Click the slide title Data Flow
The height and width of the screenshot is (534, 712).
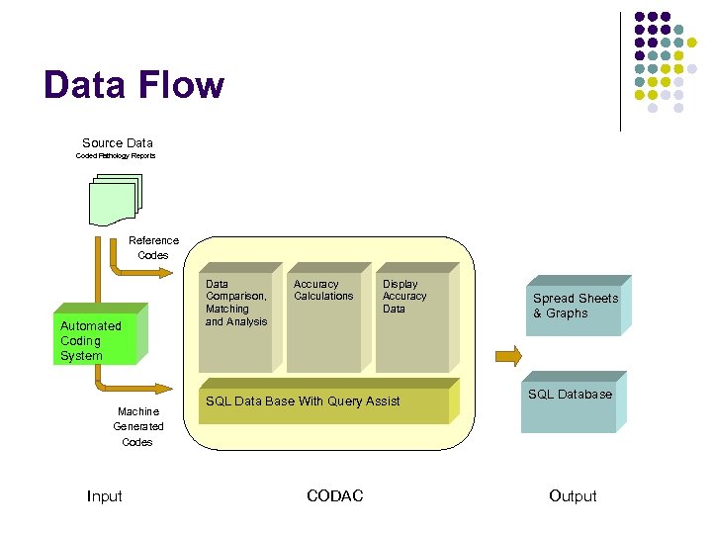click(x=133, y=86)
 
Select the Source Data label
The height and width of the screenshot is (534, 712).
click(x=117, y=143)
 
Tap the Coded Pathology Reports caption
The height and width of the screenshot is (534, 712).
click(x=116, y=156)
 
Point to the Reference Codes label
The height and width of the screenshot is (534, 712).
click(x=153, y=247)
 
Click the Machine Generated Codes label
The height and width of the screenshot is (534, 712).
click(x=137, y=426)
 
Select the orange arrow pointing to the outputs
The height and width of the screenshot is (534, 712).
click(x=507, y=355)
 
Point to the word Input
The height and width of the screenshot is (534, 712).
click(x=105, y=496)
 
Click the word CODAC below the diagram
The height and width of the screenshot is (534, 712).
click(x=335, y=496)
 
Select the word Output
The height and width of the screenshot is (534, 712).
click(x=573, y=496)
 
